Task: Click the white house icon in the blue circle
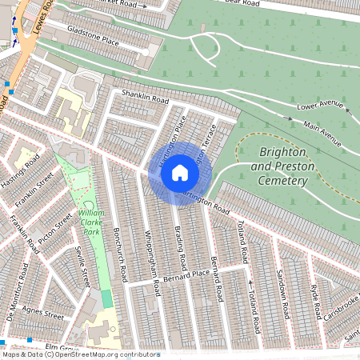(x=180, y=172)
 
